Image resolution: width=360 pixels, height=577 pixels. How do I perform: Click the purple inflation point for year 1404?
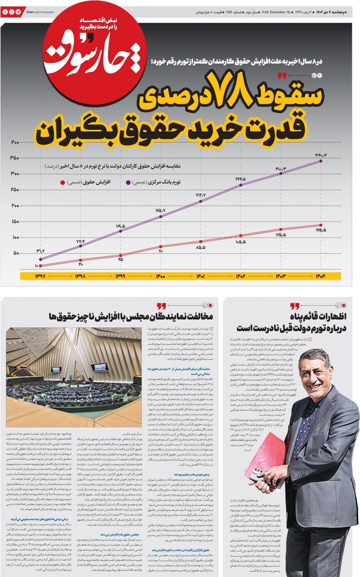321,160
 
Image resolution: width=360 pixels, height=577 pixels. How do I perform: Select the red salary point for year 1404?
321,225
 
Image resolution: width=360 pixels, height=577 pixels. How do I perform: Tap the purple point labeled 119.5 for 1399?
121,231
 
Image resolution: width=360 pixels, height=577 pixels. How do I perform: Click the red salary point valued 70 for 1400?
161,246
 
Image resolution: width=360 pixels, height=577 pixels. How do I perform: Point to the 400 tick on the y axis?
15,142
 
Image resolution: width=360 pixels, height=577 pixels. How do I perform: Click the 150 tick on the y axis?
15,221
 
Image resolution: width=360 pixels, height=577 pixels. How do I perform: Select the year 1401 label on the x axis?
201,276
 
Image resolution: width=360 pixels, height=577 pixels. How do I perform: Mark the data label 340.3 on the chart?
321,155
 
